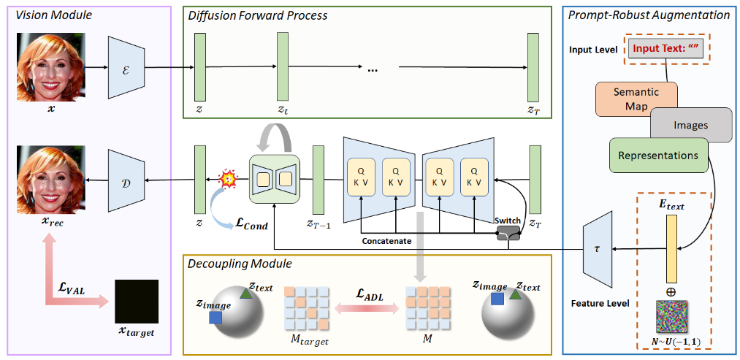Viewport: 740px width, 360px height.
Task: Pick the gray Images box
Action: pyautogui.click(x=691, y=126)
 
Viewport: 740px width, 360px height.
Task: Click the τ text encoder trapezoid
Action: pyautogui.click(x=598, y=248)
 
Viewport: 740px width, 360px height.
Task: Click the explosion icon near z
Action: pyautogui.click(x=228, y=177)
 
